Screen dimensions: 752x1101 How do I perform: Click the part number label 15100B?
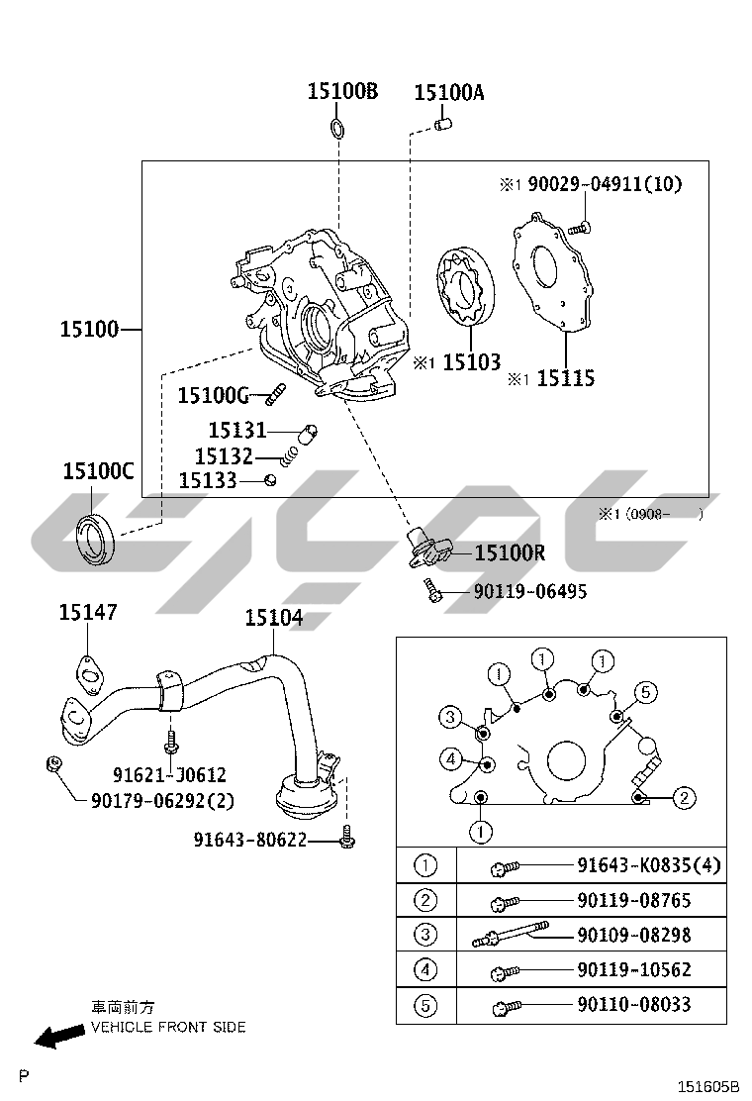(342, 91)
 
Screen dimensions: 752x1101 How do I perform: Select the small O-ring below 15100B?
(338, 128)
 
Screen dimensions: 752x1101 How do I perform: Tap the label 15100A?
(449, 93)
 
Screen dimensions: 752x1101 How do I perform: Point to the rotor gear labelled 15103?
(464, 288)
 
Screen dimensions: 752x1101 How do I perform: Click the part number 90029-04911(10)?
(605, 184)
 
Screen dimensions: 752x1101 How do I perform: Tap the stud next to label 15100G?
(276, 395)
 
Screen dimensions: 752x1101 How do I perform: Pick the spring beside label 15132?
(288, 457)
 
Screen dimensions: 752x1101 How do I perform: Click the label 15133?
(208, 480)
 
